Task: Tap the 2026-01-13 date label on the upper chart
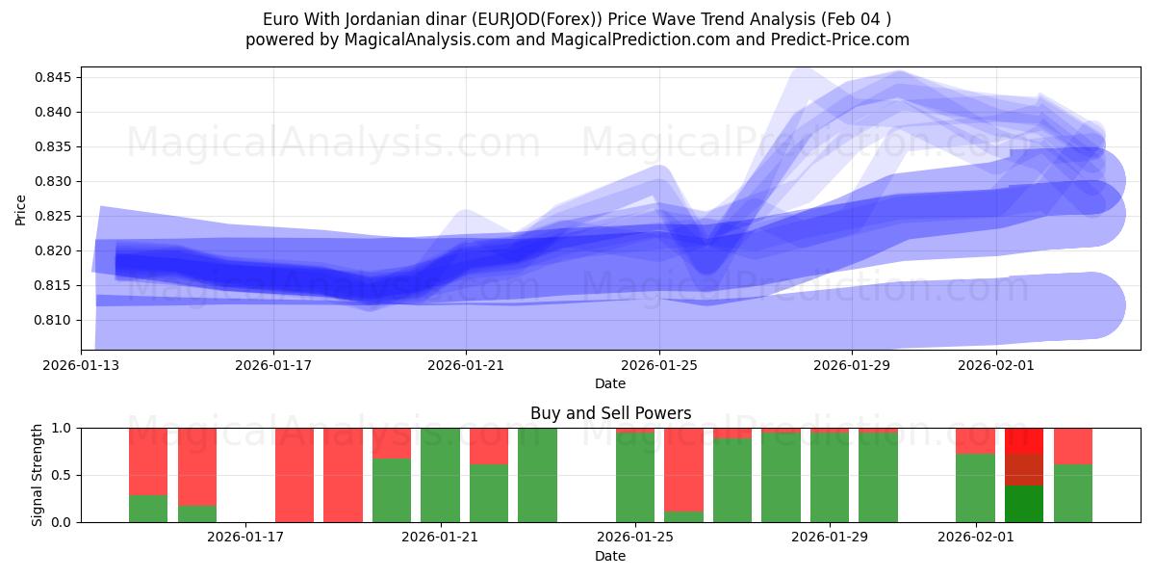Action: (x=81, y=365)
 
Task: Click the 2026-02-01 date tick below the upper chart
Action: (x=996, y=365)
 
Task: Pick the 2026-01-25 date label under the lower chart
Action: (x=635, y=538)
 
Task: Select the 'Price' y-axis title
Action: (x=21, y=208)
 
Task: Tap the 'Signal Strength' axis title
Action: (x=38, y=475)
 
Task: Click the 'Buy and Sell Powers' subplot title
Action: (x=610, y=413)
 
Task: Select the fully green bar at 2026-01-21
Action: (x=440, y=475)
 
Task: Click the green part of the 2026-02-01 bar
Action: (x=975, y=488)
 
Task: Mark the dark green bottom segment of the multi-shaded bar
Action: (x=1024, y=504)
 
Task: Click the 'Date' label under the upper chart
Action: (x=610, y=383)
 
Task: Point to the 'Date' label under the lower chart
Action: (x=610, y=556)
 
